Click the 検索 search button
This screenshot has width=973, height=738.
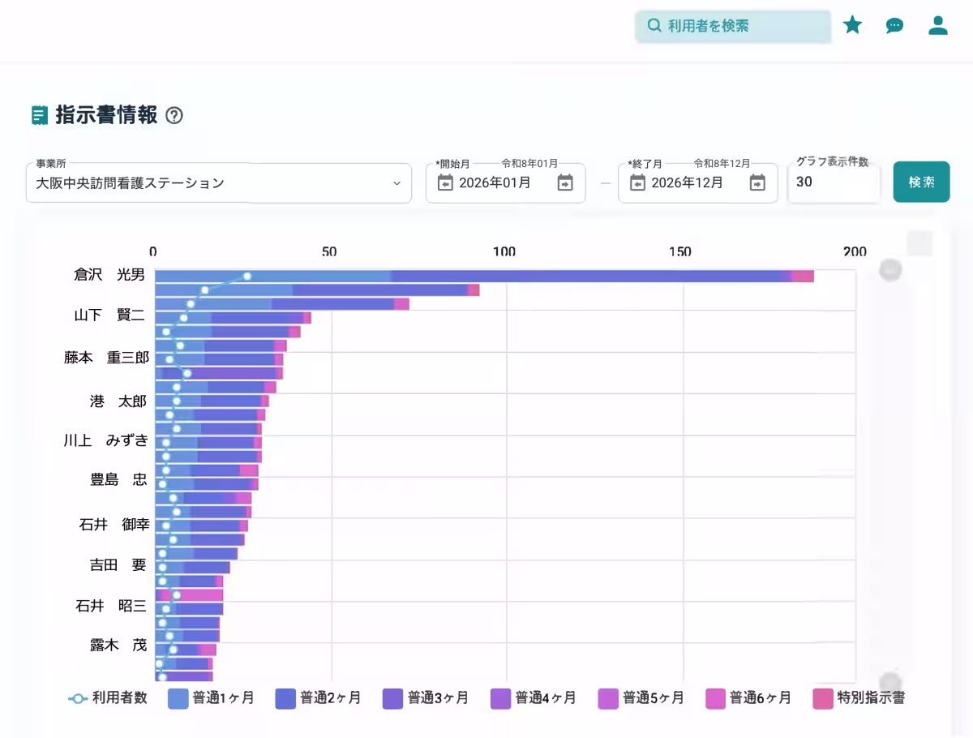921,182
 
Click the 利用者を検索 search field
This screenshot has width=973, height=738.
733,26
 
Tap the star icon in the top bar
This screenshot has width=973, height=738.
852,25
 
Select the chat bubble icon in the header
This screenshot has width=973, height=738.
894,25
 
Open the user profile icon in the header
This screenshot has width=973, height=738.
938,25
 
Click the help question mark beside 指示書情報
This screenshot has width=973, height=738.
174,115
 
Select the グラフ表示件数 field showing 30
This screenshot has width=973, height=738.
833,182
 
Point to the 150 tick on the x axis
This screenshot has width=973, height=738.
680,252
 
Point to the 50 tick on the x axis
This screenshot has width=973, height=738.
329,252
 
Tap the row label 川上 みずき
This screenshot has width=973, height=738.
106,440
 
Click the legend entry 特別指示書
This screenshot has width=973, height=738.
859,698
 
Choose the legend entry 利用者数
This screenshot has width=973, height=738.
108,698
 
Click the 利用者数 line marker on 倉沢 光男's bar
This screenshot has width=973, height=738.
247,277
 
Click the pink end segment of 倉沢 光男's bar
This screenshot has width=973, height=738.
803,277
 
